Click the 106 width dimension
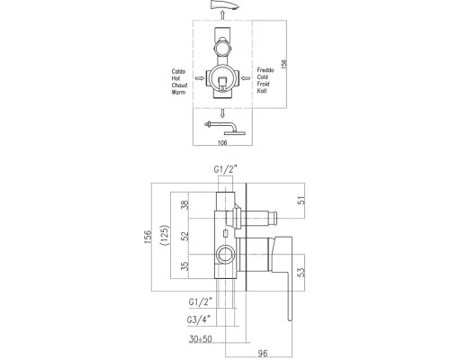(x=223, y=141)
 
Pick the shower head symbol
(x=224, y=119)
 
